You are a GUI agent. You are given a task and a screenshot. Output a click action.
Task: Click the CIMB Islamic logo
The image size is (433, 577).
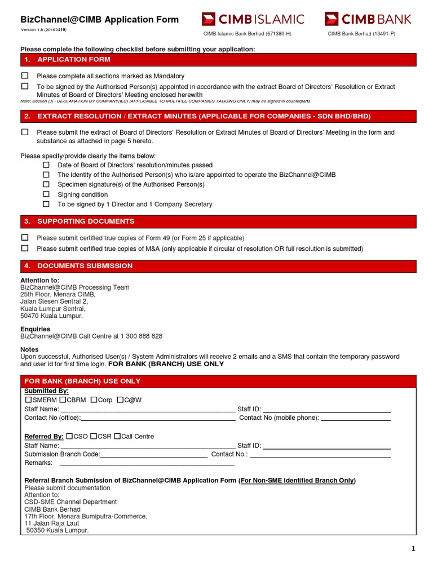pyautogui.click(x=253, y=19)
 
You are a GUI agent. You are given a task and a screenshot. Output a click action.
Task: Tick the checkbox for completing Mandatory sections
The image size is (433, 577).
pyautogui.click(x=25, y=76)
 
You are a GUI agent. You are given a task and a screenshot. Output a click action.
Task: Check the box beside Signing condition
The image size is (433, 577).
pyautogui.click(x=46, y=194)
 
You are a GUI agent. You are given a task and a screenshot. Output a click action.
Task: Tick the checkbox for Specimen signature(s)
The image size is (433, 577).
pyautogui.click(x=46, y=184)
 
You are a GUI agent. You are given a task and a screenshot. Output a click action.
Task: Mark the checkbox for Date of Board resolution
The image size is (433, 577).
pyautogui.click(x=46, y=165)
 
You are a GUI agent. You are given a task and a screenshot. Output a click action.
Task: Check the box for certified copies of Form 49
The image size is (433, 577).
pyautogui.click(x=25, y=238)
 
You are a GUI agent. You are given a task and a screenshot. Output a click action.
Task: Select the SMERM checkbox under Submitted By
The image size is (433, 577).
pyautogui.click(x=28, y=400)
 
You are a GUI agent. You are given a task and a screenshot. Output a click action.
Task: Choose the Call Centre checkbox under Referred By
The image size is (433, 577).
pyautogui.click(x=117, y=436)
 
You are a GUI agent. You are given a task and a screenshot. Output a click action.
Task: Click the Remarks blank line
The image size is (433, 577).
pyautogui.click(x=147, y=464)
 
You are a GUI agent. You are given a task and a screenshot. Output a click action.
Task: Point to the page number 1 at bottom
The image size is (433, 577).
pyautogui.click(x=413, y=549)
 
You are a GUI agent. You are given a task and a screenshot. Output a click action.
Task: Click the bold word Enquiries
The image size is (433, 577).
pyautogui.click(x=36, y=329)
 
